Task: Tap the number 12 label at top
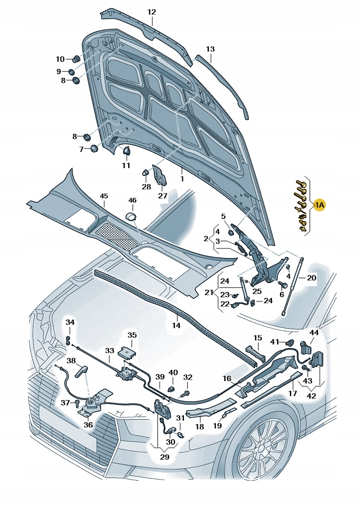click(x=152, y=12)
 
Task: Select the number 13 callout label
click(x=210, y=49)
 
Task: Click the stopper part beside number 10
click(x=75, y=58)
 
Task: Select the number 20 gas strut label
click(x=311, y=278)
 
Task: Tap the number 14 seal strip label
click(x=176, y=325)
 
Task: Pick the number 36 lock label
click(x=87, y=424)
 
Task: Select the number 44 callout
click(x=314, y=332)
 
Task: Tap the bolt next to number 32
click(x=186, y=394)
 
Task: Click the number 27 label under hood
click(x=162, y=196)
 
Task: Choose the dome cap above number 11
click(x=127, y=152)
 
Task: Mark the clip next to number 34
click(x=69, y=340)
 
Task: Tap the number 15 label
click(x=257, y=338)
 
